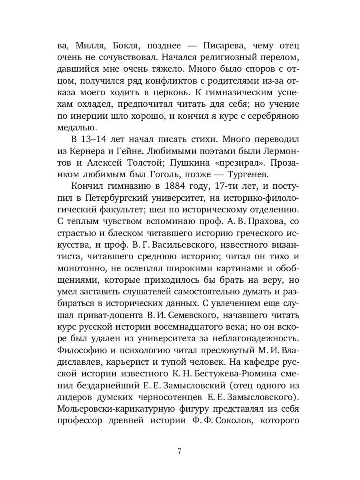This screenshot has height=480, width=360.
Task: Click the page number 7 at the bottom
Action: (x=180, y=451)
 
